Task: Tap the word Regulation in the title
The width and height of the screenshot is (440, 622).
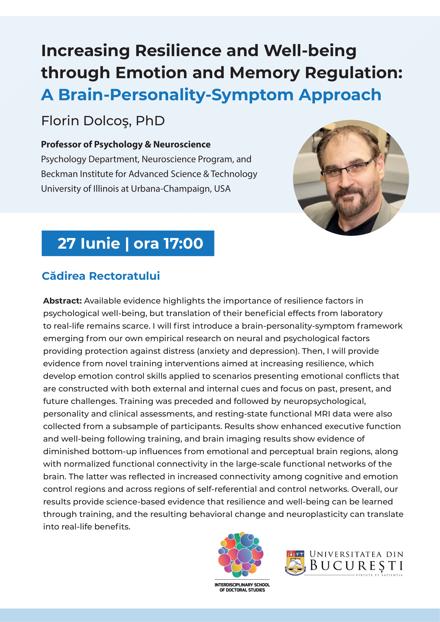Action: [353, 73]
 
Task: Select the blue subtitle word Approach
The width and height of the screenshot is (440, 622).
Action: [340, 95]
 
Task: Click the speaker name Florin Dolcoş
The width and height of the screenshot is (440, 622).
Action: [86, 121]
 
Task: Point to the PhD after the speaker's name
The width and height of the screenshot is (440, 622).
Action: [150, 121]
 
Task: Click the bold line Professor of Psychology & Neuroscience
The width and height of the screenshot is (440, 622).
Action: [126, 144]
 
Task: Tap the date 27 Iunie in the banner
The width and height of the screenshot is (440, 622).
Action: [89, 243]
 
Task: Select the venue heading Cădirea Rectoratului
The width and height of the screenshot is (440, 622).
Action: [101, 276]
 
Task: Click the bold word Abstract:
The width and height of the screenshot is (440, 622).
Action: [62, 301]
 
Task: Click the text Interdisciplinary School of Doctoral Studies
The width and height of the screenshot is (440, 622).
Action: [242, 587]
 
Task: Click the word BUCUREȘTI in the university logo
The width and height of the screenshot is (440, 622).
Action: [356, 566]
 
